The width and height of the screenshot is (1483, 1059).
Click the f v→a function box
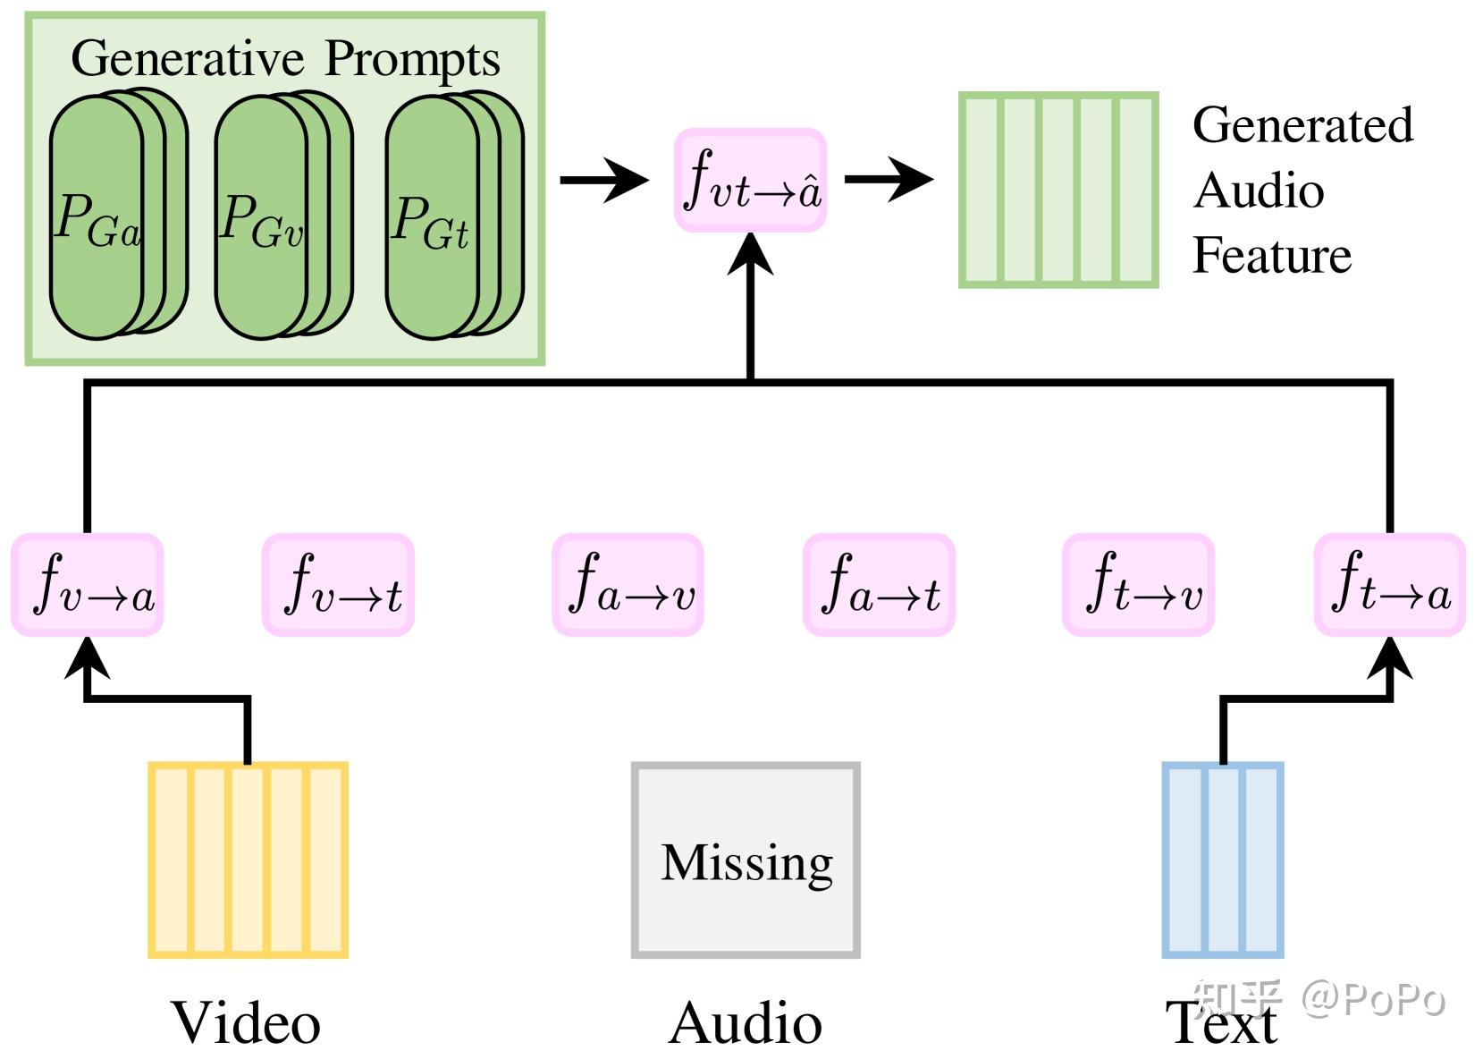87,585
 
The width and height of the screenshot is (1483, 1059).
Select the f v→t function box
338,585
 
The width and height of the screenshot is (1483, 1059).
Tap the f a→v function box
628,585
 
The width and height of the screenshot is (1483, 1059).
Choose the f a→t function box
879,585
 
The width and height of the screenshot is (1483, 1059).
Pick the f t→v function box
1138,585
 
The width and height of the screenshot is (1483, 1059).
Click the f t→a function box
1389,585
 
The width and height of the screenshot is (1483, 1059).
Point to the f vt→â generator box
750,181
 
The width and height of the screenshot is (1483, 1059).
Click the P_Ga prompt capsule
97,217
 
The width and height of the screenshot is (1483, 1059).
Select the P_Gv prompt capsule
261,217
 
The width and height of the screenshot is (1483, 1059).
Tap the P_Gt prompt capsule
432,217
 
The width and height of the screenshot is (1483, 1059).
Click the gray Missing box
746,860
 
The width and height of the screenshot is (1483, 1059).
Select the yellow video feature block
248,860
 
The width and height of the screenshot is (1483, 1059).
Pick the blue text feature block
1222,860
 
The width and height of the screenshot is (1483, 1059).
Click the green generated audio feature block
1058,190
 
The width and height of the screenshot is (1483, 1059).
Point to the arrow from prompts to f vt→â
604,180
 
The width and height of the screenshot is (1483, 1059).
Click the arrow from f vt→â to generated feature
889,179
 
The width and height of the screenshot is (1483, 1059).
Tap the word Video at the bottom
245,1022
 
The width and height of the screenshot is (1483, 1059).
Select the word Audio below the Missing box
745,1022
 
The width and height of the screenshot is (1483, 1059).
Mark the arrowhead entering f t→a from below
1390,657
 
